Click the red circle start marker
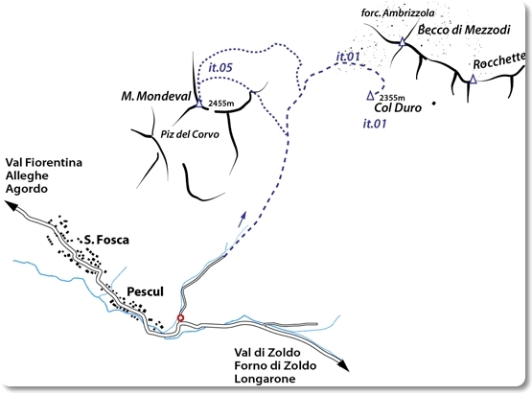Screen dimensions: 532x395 pyautogui.click(x=181, y=318)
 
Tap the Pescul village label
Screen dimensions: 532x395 pyautogui.click(x=145, y=291)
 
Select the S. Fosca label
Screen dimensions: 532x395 pyautogui.click(x=106, y=240)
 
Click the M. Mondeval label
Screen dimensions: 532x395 pyautogui.click(x=156, y=97)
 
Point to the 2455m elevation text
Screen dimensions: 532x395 pyautogui.click(x=221, y=104)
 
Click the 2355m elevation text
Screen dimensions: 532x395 pyautogui.click(x=392, y=98)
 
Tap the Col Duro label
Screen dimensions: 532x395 pyautogui.click(x=398, y=108)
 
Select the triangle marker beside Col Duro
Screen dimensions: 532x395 pyautogui.click(x=371, y=96)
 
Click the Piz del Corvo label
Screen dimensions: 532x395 pyautogui.click(x=190, y=134)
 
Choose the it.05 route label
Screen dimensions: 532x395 pyautogui.click(x=220, y=67)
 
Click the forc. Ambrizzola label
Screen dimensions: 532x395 pyautogui.click(x=398, y=13)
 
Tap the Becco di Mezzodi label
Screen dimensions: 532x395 pyautogui.click(x=464, y=30)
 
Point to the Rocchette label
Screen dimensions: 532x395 pyautogui.click(x=499, y=61)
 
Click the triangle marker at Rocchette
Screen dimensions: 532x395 pyautogui.click(x=473, y=79)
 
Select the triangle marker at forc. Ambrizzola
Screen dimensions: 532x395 pyautogui.click(x=402, y=42)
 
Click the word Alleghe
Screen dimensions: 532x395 pyautogui.click(x=27, y=175)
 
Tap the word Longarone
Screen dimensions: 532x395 pyautogui.click(x=265, y=379)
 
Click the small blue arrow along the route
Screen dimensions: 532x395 pyautogui.click(x=243, y=219)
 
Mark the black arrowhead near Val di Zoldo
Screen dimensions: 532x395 pyautogui.click(x=343, y=364)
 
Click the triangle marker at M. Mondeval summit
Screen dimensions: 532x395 pyautogui.click(x=198, y=104)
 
